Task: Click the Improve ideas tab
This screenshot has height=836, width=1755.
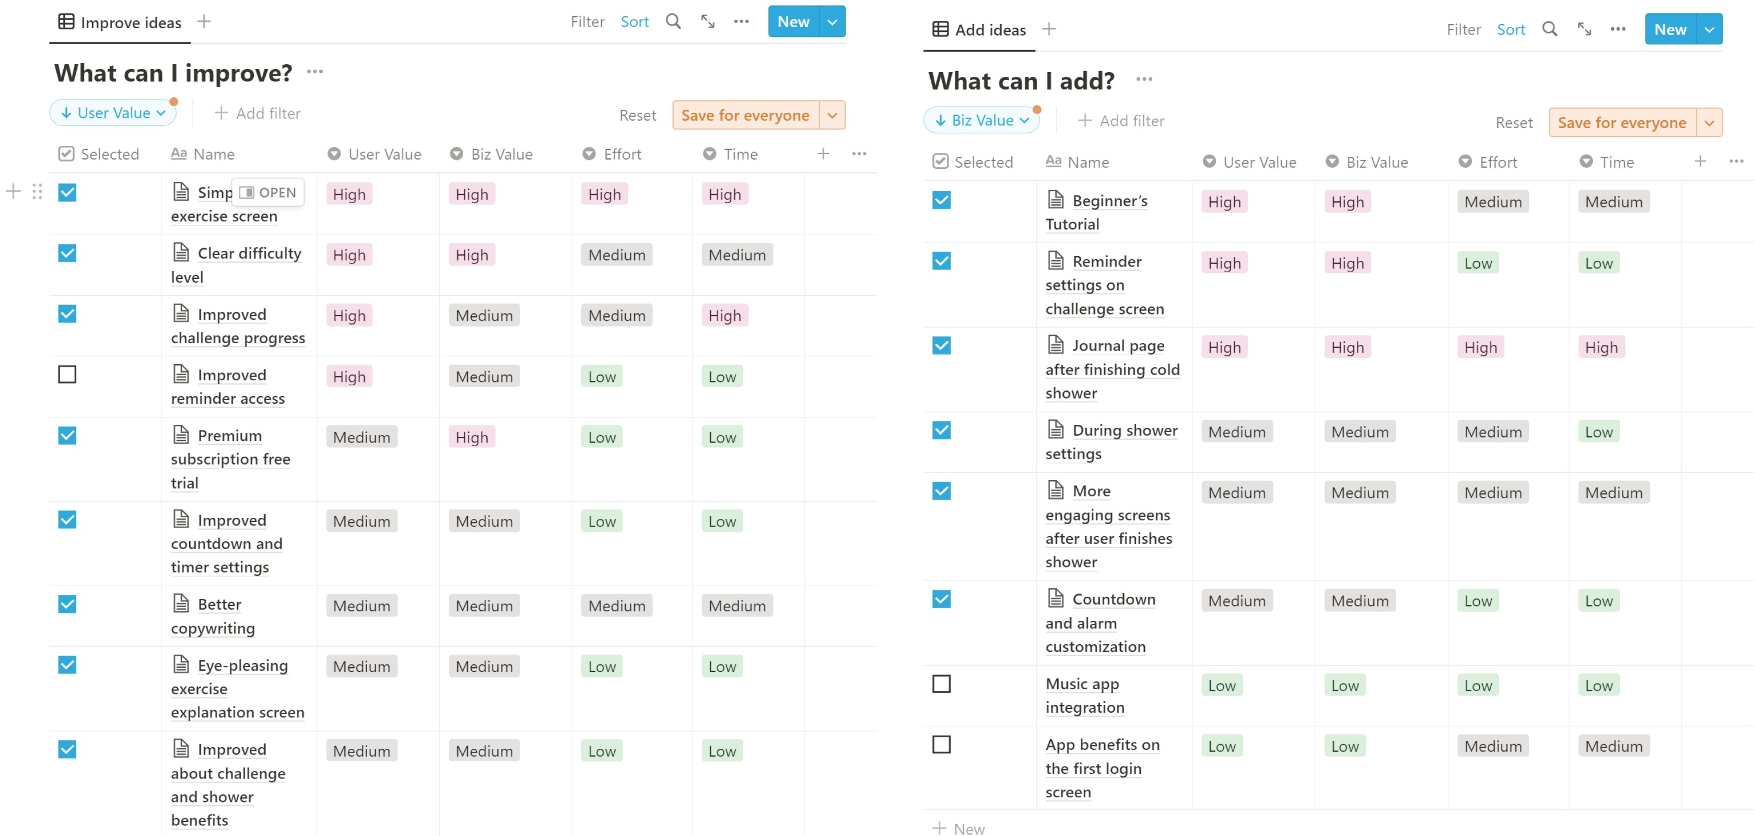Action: point(120,22)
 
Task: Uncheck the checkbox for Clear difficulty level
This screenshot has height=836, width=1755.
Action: point(67,253)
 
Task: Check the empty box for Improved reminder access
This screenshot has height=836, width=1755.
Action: point(67,375)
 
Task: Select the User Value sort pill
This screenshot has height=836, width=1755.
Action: point(113,113)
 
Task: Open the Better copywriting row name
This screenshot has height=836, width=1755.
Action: point(213,616)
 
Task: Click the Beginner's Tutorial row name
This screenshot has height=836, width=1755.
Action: point(1097,212)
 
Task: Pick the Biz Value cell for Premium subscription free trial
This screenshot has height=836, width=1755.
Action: point(472,437)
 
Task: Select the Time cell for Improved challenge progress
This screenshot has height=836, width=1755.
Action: point(725,316)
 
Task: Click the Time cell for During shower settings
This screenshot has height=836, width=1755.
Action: point(1599,432)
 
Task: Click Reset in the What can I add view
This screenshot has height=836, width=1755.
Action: point(1514,123)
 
